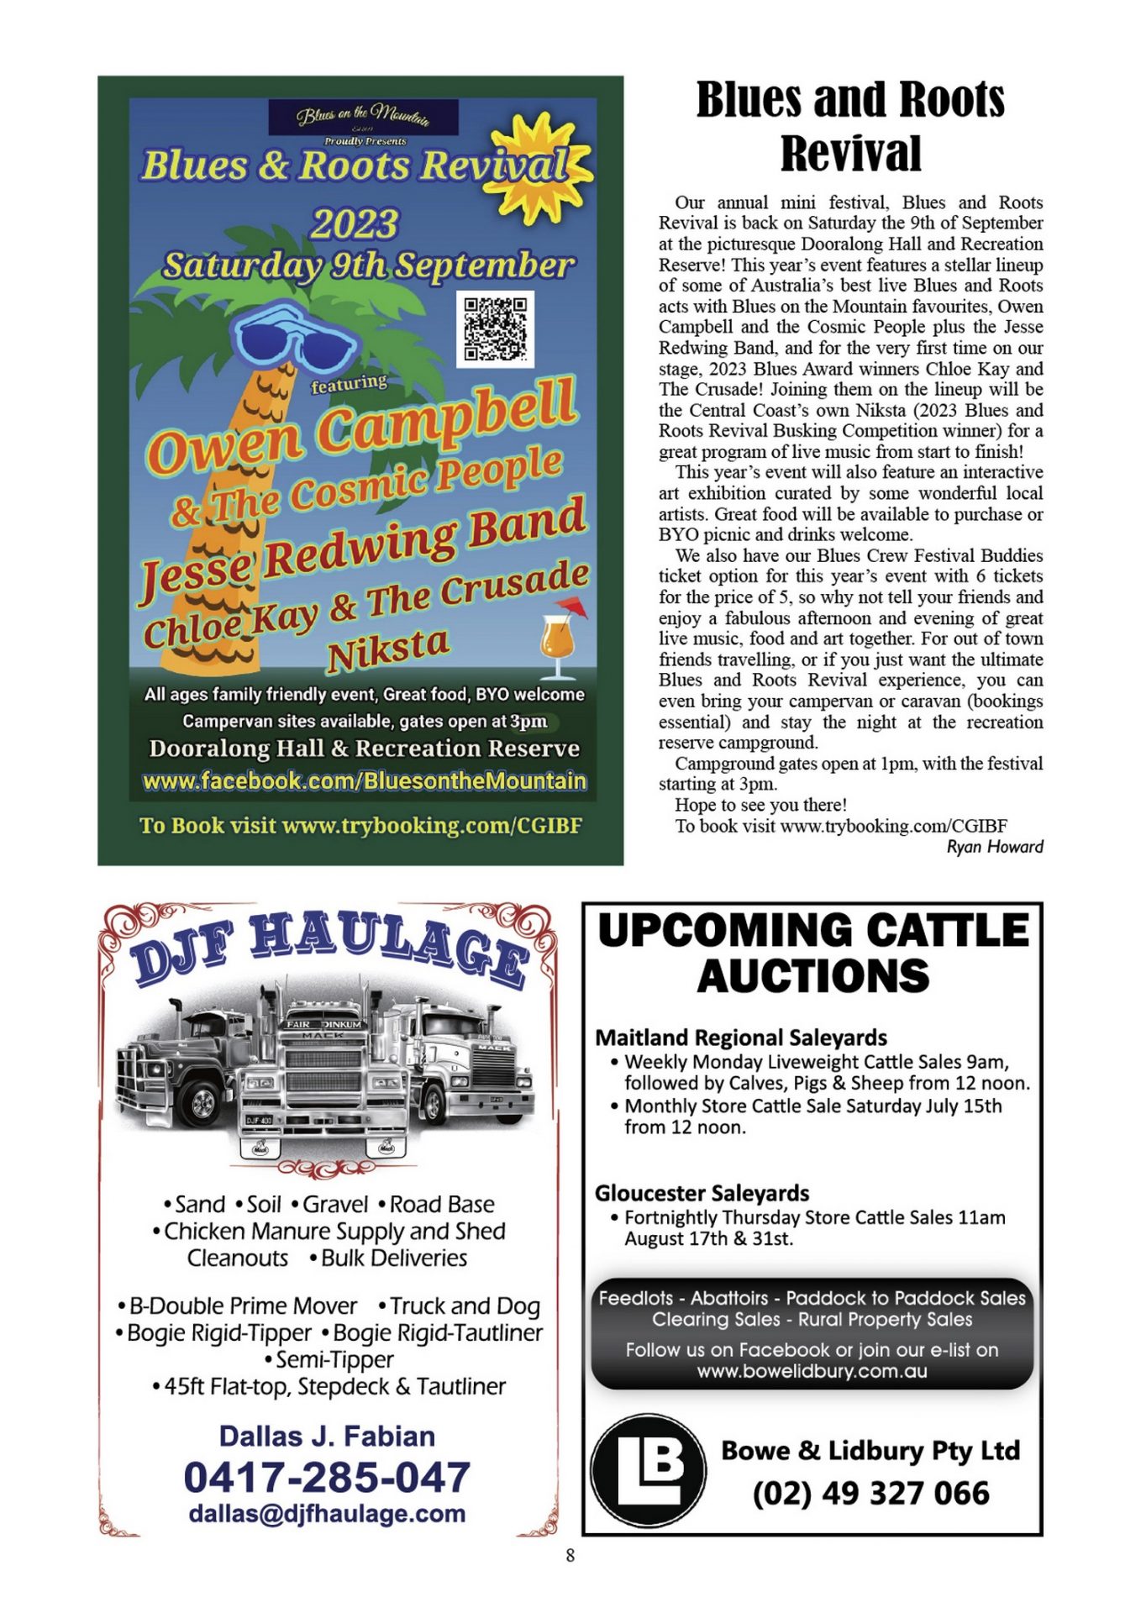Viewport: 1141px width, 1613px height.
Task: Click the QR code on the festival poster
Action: coord(495,328)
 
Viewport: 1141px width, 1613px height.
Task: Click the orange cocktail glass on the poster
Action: coord(557,640)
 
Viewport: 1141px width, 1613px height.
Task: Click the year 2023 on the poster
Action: coord(355,224)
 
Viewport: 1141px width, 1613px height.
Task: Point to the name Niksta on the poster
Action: coord(387,649)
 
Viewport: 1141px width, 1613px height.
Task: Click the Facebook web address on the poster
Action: coord(364,781)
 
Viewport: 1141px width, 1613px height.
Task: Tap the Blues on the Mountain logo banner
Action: coord(363,117)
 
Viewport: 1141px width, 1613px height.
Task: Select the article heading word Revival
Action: coord(850,153)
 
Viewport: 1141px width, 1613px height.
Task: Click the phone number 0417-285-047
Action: coord(327,1477)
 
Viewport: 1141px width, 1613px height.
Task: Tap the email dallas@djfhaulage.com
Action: coord(327,1514)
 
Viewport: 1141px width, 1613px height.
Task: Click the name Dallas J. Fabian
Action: coord(327,1436)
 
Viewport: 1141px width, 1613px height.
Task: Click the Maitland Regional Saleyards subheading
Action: coord(741,1038)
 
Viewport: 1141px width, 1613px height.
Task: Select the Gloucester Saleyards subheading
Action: coord(702,1193)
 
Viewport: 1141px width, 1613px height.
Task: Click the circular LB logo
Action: coord(648,1470)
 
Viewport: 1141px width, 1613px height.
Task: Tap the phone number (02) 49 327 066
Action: coord(870,1493)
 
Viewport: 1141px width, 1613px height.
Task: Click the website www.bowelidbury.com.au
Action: coord(812,1372)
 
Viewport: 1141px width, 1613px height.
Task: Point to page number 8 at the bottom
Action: coord(570,1555)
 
